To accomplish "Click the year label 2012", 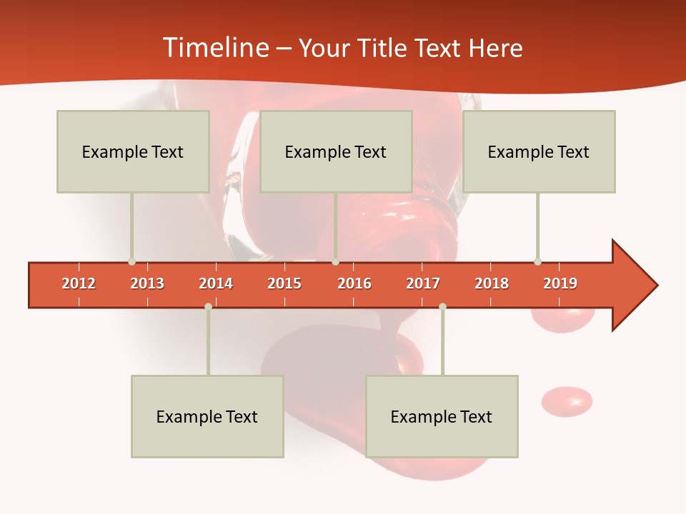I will (x=79, y=283).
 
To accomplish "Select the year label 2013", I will (x=147, y=283).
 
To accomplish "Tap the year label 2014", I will (x=216, y=283).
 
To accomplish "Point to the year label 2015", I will (x=284, y=283).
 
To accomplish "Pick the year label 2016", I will (x=354, y=283).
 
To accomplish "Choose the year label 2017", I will (x=423, y=283).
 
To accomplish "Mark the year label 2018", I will (x=492, y=283).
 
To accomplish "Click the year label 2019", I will (x=560, y=283).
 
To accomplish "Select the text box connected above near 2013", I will (x=133, y=151).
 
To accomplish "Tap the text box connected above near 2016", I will (x=336, y=151).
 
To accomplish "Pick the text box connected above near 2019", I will (x=539, y=151).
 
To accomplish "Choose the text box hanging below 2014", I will (x=207, y=416).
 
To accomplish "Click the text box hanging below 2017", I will (x=442, y=416).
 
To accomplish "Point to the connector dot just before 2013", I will (x=131, y=262).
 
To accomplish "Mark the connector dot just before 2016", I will (x=336, y=262).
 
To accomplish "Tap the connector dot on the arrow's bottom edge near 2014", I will (x=208, y=307).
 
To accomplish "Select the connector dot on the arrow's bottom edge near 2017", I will (x=442, y=307).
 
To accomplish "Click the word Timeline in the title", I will (x=214, y=48).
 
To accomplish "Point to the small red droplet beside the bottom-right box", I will (x=567, y=400).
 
